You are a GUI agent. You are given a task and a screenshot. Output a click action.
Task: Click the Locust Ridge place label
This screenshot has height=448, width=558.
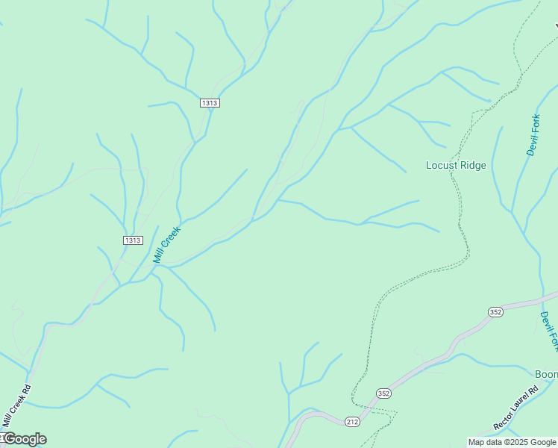456,165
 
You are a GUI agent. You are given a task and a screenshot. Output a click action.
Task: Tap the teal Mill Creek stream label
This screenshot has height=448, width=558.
167,245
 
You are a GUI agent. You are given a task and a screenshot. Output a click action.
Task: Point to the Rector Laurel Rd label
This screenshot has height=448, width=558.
515,408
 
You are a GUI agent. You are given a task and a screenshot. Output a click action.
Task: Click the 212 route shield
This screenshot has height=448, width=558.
353,422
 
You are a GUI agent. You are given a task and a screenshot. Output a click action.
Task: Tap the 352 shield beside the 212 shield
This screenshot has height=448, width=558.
383,393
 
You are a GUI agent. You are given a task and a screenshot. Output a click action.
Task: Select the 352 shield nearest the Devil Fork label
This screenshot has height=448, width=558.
496,311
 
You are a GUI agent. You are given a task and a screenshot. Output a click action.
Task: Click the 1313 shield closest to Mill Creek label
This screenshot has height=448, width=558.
133,240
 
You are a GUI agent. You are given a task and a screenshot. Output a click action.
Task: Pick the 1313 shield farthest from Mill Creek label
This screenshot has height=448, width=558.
210,103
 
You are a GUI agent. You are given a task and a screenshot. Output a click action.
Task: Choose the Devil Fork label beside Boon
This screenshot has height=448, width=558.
549,331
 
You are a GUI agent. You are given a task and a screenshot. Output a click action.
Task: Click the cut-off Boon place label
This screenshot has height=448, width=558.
547,373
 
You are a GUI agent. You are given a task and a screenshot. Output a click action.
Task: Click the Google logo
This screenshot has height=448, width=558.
24,439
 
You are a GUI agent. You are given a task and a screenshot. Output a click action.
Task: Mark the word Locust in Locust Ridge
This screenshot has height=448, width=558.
441,165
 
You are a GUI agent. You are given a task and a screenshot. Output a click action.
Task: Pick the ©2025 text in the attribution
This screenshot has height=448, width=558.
522,442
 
